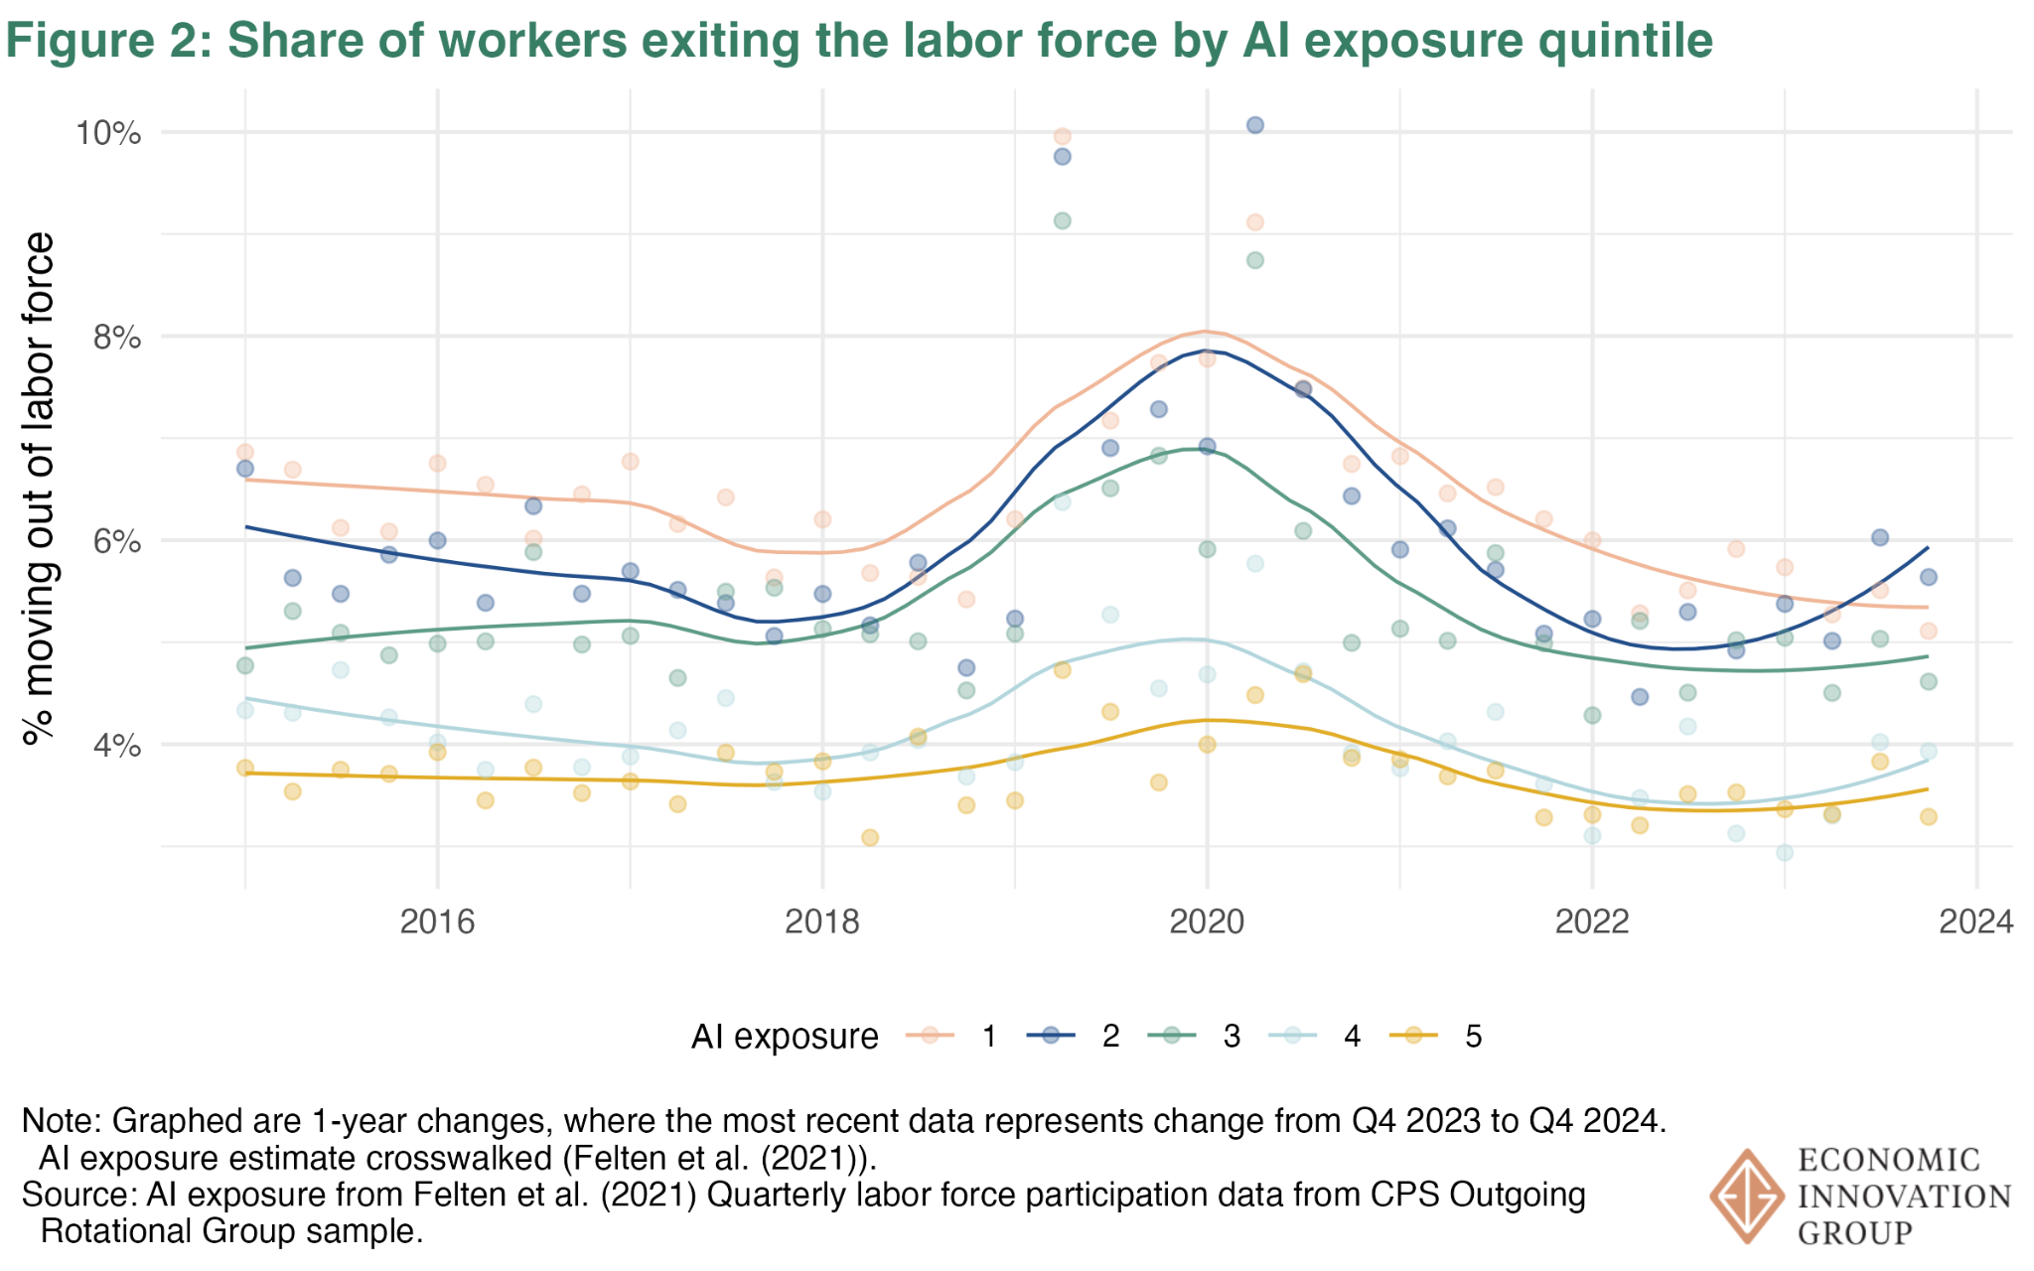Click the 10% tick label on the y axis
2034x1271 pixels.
(x=108, y=133)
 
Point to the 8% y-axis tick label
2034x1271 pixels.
(x=116, y=338)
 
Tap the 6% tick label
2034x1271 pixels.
(x=116, y=542)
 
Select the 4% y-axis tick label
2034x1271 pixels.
(x=116, y=746)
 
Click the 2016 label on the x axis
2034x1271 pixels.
(x=437, y=921)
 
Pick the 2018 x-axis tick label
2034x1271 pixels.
(x=822, y=921)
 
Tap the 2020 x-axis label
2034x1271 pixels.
(x=1207, y=921)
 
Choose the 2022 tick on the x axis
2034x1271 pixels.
(x=1592, y=921)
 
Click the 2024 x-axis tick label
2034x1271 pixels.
(x=1976, y=921)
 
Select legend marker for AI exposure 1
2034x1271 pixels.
(x=931, y=1036)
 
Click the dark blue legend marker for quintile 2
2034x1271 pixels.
(x=1052, y=1036)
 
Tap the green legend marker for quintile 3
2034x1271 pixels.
(x=1173, y=1036)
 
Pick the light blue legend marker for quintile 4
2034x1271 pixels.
(x=1293, y=1036)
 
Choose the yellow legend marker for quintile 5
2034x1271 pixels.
(x=1414, y=1036)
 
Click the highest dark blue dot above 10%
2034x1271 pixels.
(x=1254, y=125)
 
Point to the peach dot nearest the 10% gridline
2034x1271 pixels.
(x=1062, y=136)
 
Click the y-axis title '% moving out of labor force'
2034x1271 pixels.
(x=40, y=489)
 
